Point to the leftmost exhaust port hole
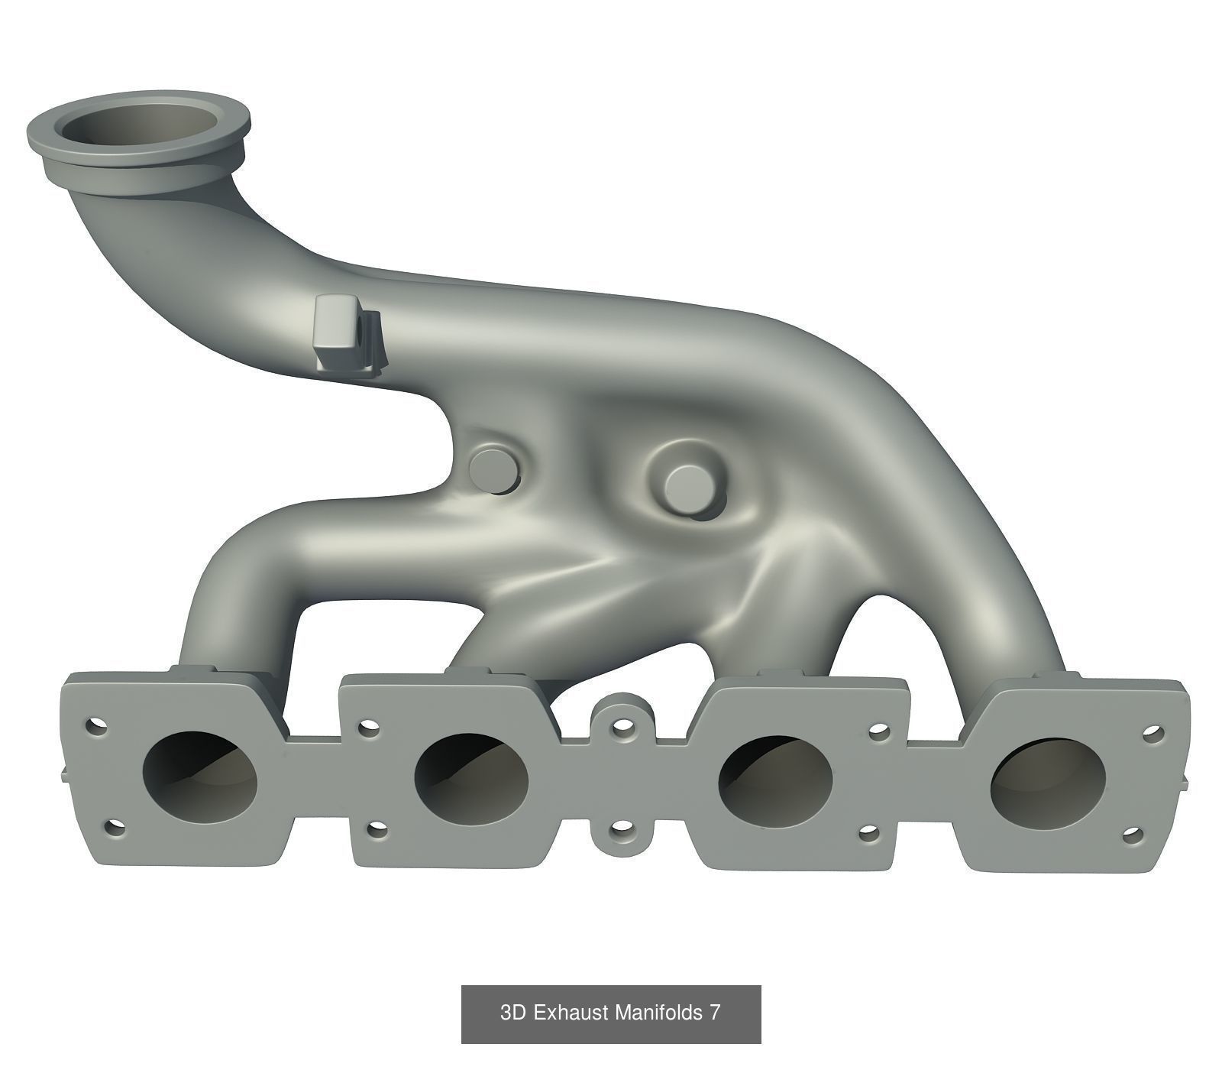pos(200,780)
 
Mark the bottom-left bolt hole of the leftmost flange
pos(115,828)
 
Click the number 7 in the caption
pos(714,1013)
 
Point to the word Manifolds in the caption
pos(658,1013)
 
